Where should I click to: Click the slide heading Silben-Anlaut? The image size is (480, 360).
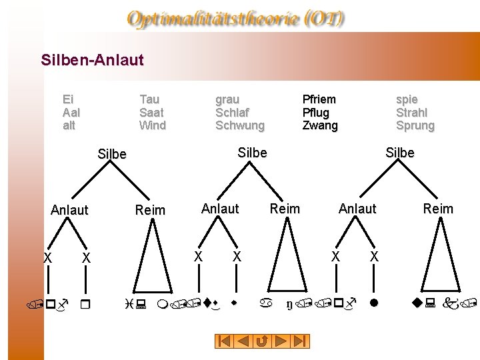(x=92, y=60)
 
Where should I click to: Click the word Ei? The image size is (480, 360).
(x=67, y=99)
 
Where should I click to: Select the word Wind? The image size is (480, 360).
(x=153, y=125)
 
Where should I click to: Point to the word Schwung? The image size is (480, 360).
(x=240, y=125)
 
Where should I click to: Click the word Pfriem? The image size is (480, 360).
(x=319, y=99)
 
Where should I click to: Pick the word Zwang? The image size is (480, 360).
(x=320, y=125)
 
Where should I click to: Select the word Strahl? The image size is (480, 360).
(x=412, y=113)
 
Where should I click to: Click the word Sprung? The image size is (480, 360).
(x=415, y=125)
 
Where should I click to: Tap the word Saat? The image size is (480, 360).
(x=151, y=113)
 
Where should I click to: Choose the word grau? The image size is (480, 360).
(x=227, y=99)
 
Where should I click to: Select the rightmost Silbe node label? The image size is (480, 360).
(x=400, y=153)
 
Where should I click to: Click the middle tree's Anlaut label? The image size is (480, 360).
(x=220, y=209)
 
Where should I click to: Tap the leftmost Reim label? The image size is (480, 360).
(x=150, y=210)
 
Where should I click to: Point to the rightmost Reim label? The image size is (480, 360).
(x=438, y=209)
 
